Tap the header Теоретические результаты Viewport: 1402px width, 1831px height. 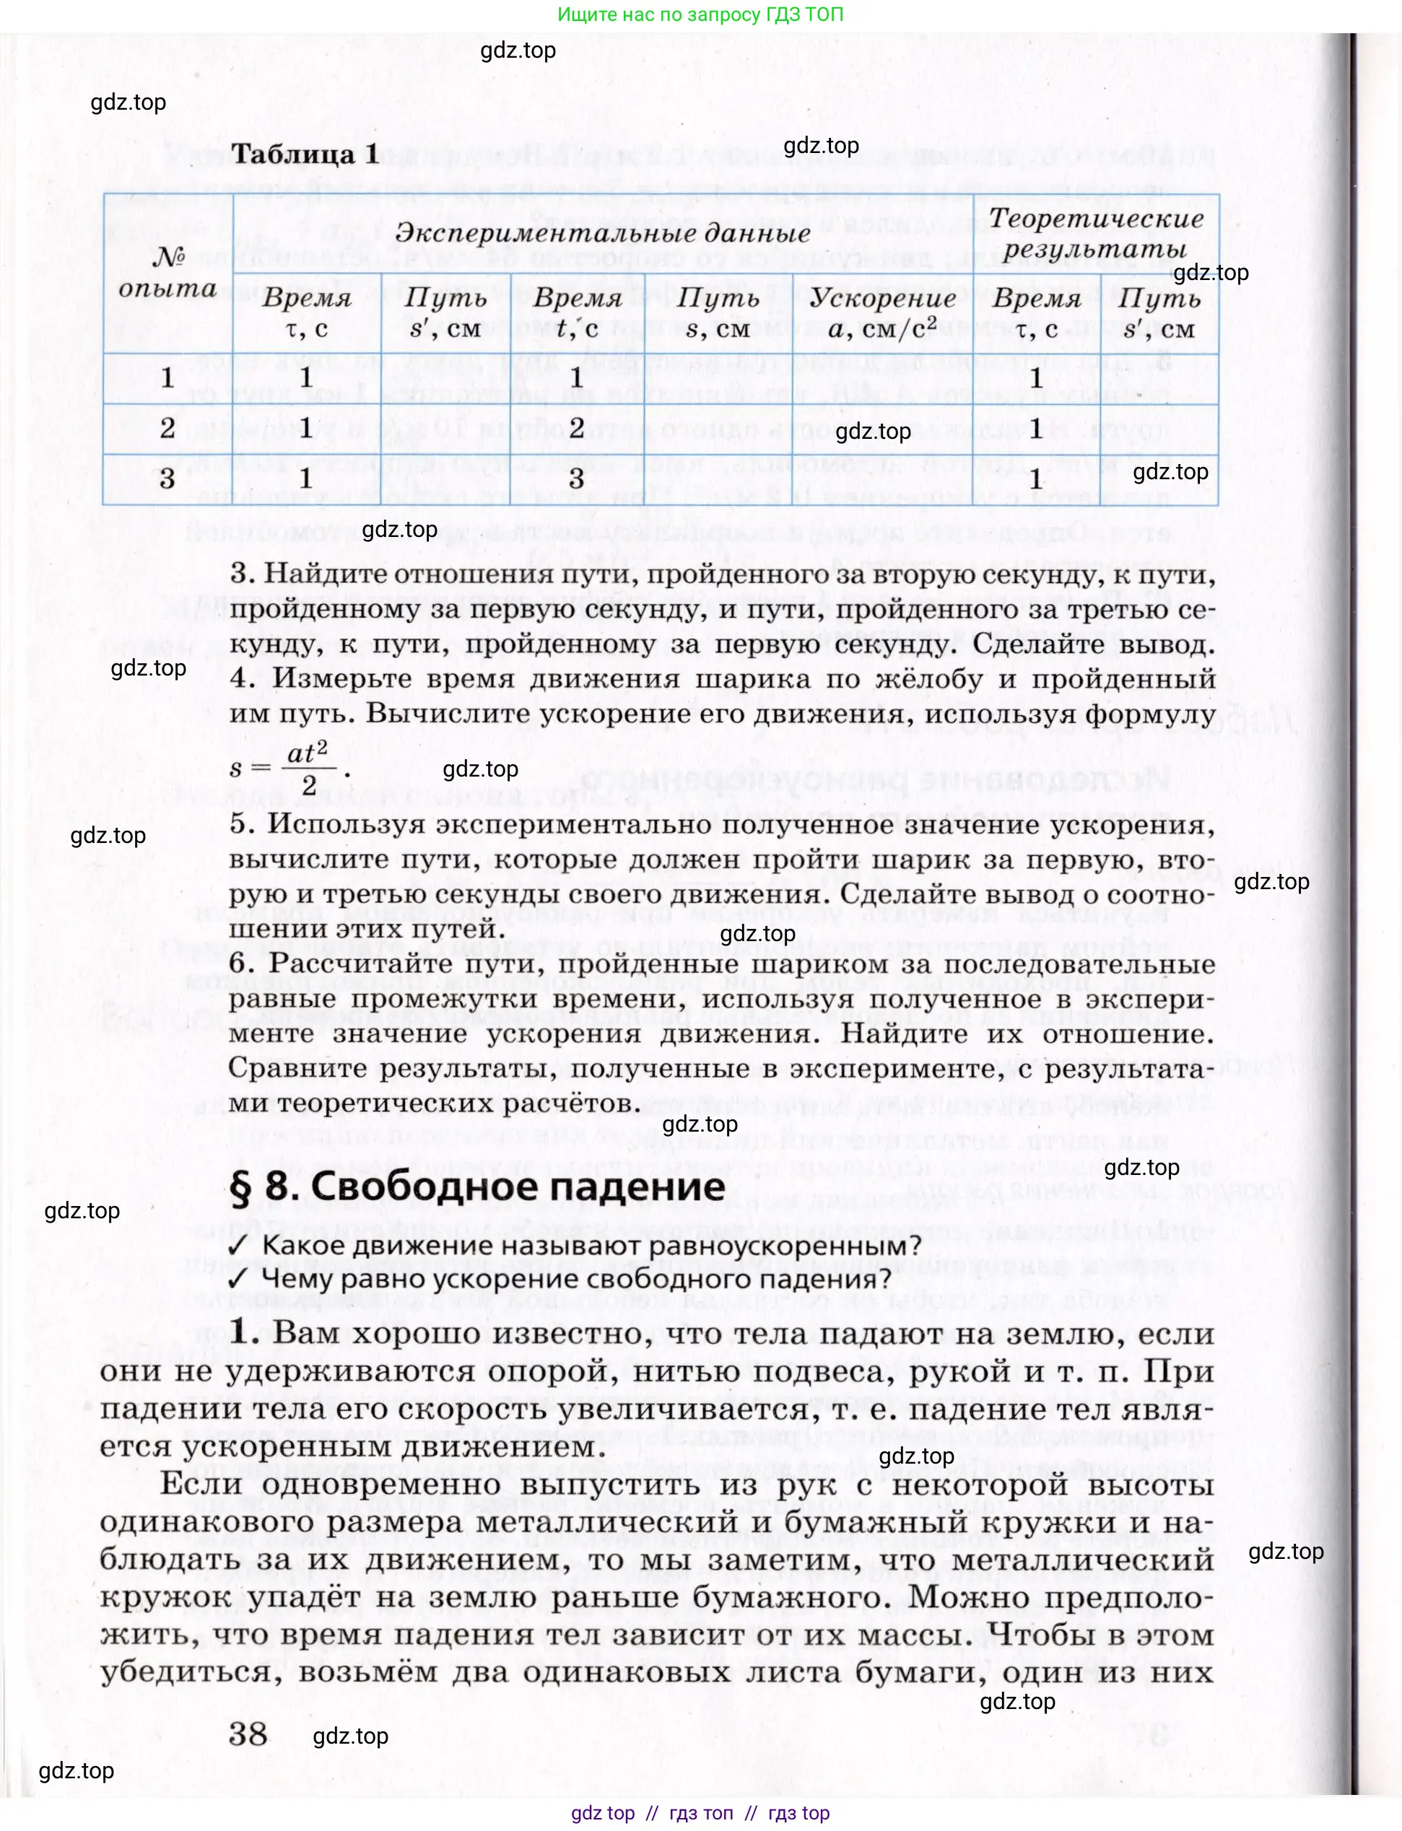click(x=1096, y=234)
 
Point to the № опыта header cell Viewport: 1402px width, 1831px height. click(x=167, y=273)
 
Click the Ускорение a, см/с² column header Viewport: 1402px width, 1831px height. click(x=883, y=313)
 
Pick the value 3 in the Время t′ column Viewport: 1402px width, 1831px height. click(x=576, y=478)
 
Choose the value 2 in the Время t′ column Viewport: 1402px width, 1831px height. click(x=576, y=428)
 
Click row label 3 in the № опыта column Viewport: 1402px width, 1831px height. click(x=167, y=478)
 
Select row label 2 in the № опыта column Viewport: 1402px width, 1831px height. click(x=167, y=428)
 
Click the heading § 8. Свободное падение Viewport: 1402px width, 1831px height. click(x=477, y=1187)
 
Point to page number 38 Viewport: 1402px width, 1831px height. click(x=248, y=1735)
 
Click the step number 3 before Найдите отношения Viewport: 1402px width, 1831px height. click(x=241, y=574)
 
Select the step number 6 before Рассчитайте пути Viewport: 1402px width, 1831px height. click(x=241, y=963)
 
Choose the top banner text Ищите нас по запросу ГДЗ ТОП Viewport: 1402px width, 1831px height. click(x=700, y=14)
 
